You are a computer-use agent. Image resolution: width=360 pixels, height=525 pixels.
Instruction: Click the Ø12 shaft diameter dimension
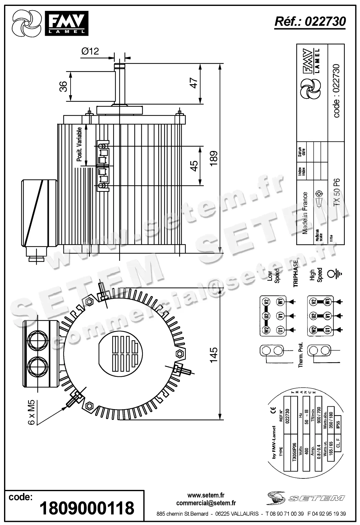[90, 51]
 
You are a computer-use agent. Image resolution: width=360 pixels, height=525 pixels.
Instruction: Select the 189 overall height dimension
[214, 158]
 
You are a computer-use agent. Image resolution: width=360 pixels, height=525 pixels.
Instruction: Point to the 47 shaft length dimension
[194, 83]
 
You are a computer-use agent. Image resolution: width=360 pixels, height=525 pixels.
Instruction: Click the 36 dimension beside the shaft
[63, 86]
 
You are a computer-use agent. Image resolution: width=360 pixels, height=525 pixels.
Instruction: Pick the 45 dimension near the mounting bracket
[194, 166]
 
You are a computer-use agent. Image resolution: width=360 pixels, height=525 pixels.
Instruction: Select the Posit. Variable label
[80, 144]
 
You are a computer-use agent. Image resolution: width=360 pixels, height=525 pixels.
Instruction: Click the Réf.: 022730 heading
[310, 21]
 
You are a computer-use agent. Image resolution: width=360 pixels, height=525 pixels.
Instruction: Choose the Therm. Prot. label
[300, 355]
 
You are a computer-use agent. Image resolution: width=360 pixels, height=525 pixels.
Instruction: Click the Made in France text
[305, 213]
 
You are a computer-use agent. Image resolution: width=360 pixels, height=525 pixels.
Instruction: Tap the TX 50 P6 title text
[337, 192]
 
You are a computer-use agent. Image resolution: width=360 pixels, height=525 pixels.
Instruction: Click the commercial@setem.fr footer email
[206, 503]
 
